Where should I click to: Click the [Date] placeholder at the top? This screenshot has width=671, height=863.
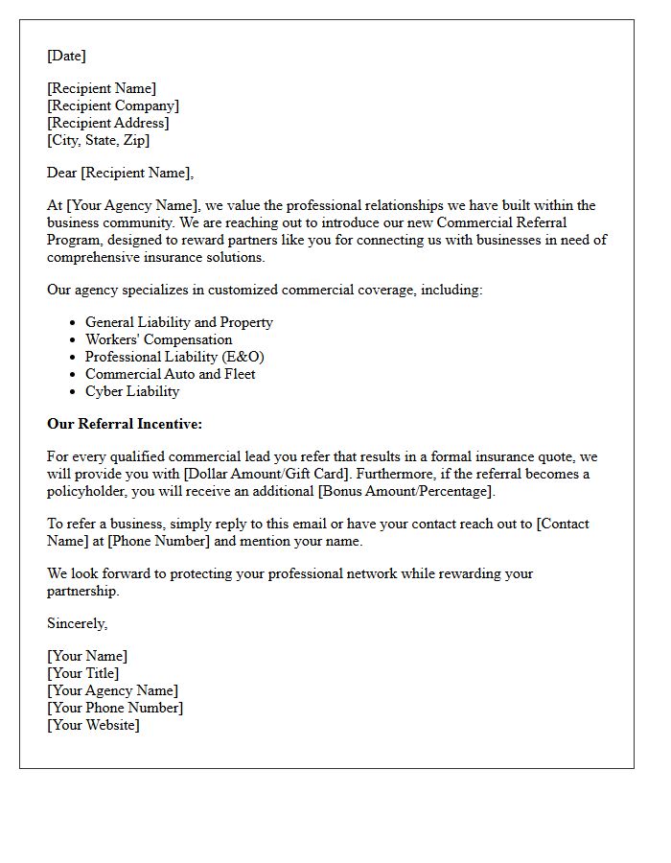click(x=66, y=56)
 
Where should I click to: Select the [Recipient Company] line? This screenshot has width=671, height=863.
click(x=113, y=105)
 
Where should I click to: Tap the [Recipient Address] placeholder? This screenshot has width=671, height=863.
click(x=108, y=123)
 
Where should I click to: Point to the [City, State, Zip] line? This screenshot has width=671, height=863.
click(x=98, y=140)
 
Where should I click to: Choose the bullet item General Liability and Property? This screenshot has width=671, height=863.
click(x=179, y=322)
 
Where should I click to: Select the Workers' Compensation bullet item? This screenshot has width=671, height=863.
click(x=158, y=339)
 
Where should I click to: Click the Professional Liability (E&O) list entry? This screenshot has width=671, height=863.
click(x=174, y=357)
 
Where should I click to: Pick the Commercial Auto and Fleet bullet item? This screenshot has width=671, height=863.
click(x=171, y=374)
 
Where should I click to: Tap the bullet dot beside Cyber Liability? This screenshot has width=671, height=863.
click(x=73, y=392)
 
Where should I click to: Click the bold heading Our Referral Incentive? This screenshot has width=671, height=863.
click(x=125, y=424)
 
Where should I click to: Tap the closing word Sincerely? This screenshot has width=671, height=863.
click(x=77, y=623)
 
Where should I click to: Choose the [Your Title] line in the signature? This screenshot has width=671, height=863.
click(x=83, y=673)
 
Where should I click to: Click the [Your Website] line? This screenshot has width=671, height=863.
click(x=93, y=725)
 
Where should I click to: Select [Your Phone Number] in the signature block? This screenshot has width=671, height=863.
click(x=115, y=708)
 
